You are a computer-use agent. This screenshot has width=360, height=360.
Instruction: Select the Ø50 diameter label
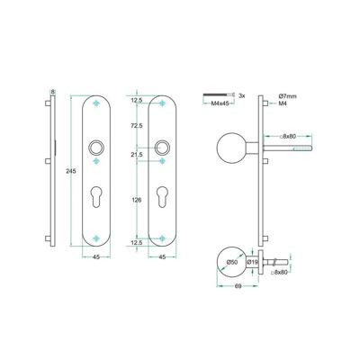pos(231,262)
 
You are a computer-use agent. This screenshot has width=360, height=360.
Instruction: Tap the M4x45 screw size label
pos(220,103)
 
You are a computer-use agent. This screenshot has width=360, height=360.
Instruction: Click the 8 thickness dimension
pos(53,91)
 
